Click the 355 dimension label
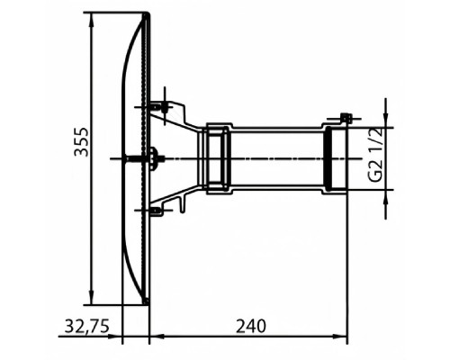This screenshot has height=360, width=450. pyautogui.click(x=81, y=141)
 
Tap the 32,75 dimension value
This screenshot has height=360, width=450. pyautogui.click(x=87, y=327)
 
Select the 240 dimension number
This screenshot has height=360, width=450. pyautogui.click(x=251, y=327)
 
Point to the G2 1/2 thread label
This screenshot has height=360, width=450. pyautogui.click(x=375, y=155)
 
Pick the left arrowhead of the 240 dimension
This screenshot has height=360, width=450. pyautogui.click(x=157, y=336)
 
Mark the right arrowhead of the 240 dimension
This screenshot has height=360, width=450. pyautogui.click(x=340, y=336)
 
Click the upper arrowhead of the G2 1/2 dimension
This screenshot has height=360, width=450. pyautogui.click(x=386, y=121)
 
